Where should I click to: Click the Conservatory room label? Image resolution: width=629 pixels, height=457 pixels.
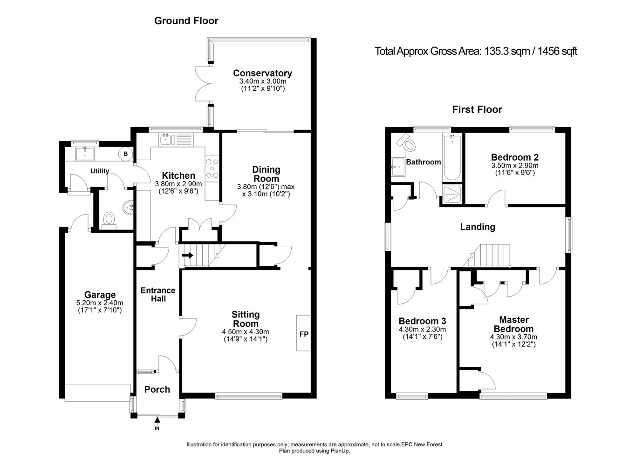coord(262,73)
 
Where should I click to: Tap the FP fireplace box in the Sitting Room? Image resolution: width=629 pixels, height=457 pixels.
coord(304,334)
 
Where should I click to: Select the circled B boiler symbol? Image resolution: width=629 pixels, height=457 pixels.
coord(125,154)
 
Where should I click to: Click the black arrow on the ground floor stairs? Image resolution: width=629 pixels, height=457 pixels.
coord(189,255)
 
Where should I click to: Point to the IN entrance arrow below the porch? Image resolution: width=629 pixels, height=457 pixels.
coord(157,421)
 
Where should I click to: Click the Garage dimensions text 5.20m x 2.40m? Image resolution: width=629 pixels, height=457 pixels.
coord(100,303)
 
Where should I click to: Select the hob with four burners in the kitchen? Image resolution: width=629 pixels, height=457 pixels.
coord(212,168)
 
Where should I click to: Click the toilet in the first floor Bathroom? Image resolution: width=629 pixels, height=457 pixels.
coord(407,142)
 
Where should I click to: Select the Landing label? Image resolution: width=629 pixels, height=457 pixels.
coord(478,227)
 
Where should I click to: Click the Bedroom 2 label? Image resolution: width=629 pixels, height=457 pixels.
coord(515,157)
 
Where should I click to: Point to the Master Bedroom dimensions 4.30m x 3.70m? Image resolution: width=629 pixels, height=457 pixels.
coord(513,337)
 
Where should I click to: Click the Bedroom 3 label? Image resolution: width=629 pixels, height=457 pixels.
coord(422,321)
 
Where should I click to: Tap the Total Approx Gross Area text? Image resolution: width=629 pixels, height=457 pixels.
coord(476,51)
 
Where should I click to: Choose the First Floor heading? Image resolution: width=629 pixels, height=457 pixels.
coord(477,110)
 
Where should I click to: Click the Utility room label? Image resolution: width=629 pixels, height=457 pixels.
coord(100,171)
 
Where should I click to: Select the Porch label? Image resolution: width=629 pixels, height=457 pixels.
coord(157,390)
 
